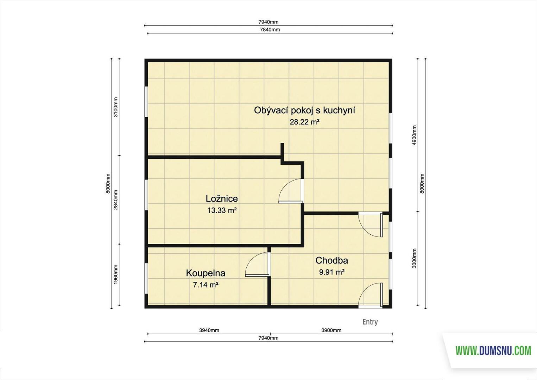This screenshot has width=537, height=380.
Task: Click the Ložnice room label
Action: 222,198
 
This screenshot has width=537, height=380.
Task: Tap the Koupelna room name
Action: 206,273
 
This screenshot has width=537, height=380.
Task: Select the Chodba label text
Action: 331,260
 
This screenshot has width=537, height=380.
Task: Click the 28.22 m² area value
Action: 304,122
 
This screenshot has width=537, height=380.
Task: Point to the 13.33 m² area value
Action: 222,210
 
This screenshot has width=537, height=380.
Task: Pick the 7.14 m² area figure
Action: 206,285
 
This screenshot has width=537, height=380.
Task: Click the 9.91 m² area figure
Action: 332,272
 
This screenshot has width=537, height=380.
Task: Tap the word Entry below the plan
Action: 370,322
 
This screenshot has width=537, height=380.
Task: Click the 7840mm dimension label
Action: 270,30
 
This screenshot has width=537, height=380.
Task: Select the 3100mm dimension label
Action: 115,107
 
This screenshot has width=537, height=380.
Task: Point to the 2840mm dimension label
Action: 115,200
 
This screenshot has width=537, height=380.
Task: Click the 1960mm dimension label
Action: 115,274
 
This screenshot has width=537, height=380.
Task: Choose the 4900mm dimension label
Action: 415,135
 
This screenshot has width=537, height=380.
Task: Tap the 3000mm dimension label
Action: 415,258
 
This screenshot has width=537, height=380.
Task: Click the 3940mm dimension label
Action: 209,330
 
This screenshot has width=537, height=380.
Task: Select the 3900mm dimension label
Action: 331,330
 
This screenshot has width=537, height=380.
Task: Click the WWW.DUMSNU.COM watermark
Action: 493,350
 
